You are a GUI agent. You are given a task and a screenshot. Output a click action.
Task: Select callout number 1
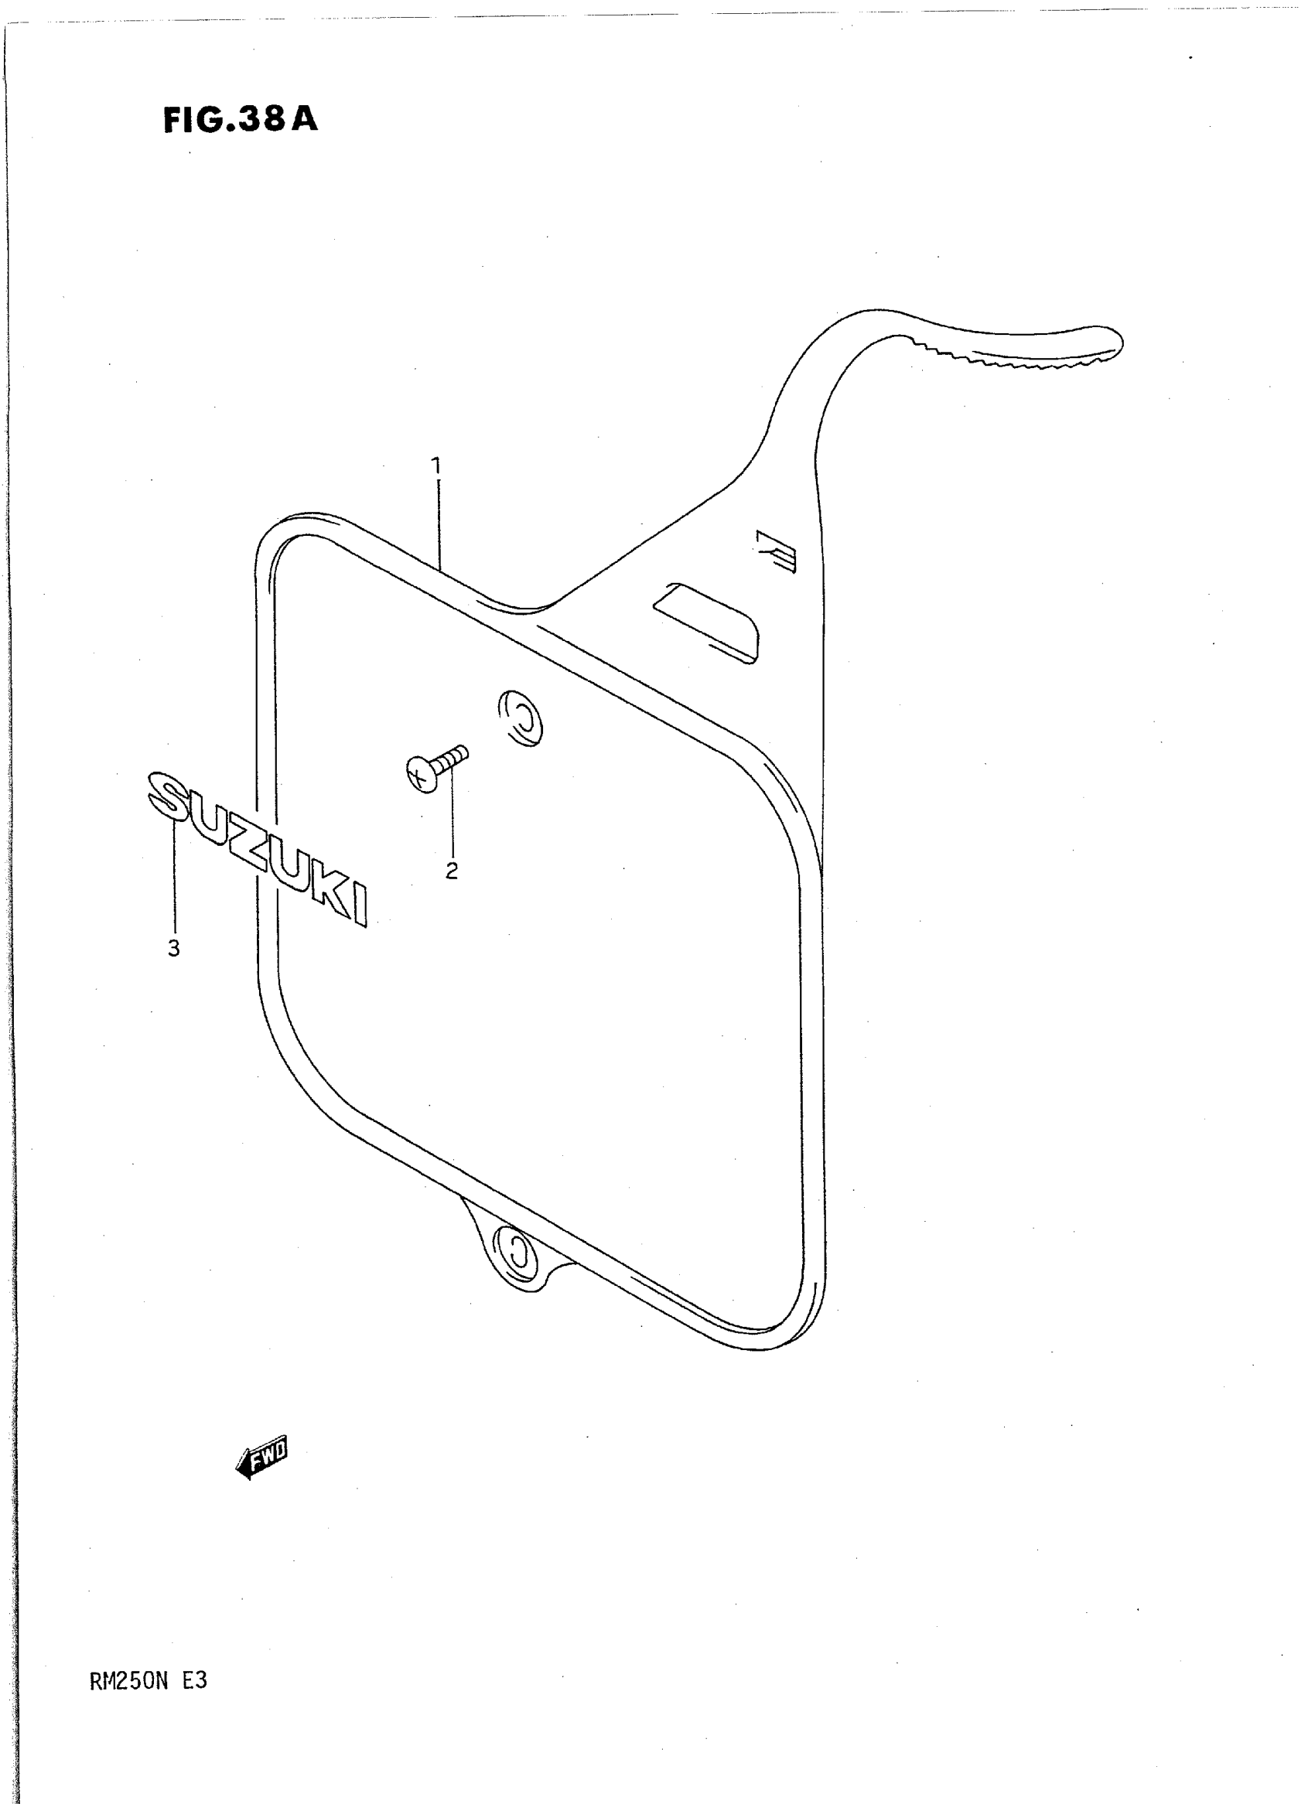pos(435,465)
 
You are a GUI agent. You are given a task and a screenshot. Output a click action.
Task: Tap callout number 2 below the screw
pos(451,871)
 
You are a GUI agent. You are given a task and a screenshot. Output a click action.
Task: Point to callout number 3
pos(173,948)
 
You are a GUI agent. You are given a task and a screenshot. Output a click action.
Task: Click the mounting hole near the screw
pos(521,717)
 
